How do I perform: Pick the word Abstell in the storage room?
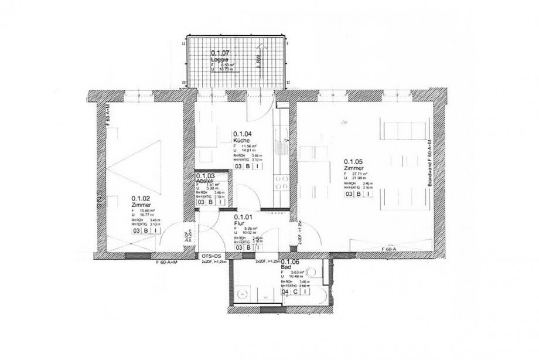pyautogui.click(x=205, y=182)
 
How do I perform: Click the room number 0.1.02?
pyautogui.click(x=142, y=198)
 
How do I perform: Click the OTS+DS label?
pyautogui.click(x=211, y=256)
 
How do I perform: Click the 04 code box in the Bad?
pyautogui.click(x=286, y=291)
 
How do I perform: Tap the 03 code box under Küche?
pyautogui.click(x=239, y=166)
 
